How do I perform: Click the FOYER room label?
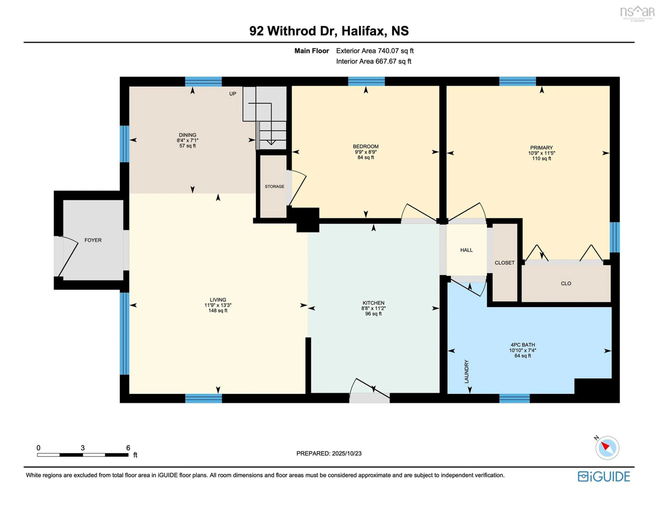[93, 240]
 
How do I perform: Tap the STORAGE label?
[275, 186]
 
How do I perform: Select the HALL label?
[466, 250]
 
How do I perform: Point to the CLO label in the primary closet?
[566, 283]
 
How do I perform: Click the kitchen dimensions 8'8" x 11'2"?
[374, 308]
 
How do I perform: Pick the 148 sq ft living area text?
[218, 311]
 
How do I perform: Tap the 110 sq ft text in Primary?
[541, 158]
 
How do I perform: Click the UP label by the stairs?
[233, 94]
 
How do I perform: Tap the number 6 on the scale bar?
[128, 448]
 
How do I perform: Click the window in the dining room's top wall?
[203, 82]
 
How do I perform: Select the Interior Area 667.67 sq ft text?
[374, 61]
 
